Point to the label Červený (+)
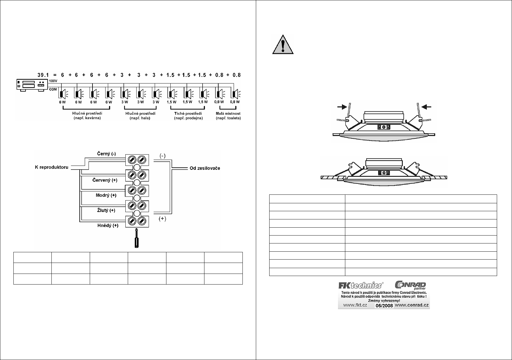pyautogui.click(x=105, y=180)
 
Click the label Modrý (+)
pyautogui.click(x=106, y=195)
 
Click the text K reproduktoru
pyautogui.click(x=51, y=167)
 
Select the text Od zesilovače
pyautogui.click(x=205, y=168)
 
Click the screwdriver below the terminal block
pyautogui.click(x=137, y=239)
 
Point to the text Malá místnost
pyautogui.click(x=228, y=114)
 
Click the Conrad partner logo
pyautogui.click(x=410, y=285)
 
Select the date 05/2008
pyautogui.click(x=384, y=306)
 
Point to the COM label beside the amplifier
pyautogui.click(x=53, y=89)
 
